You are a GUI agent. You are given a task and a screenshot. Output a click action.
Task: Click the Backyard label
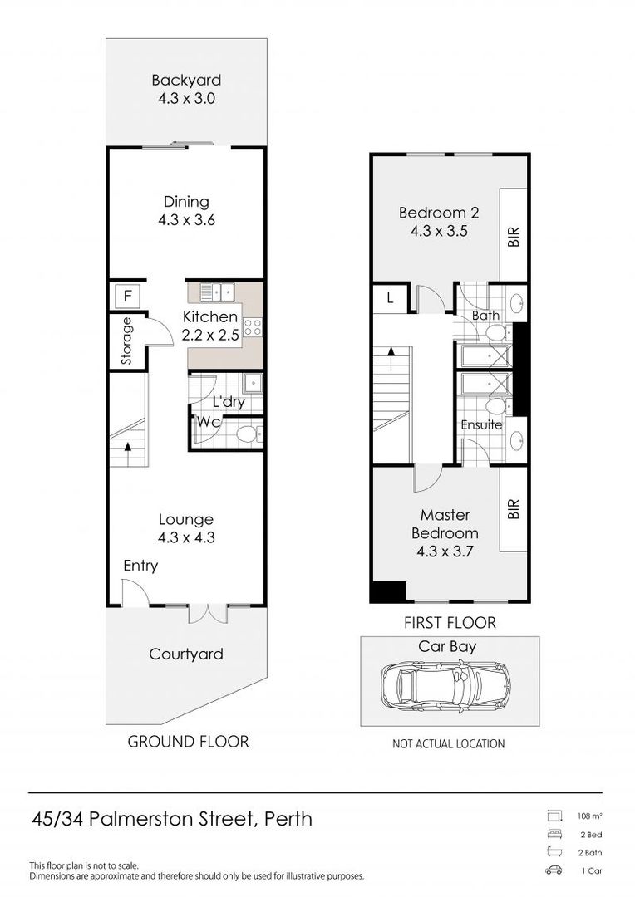tap(186, 80)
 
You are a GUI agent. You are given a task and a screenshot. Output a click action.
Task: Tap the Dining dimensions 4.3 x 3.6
tap(187, 219)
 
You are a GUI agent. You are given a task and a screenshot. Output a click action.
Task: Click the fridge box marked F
tap(128, 296)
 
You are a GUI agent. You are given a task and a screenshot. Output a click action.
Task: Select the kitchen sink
tap(218, 292)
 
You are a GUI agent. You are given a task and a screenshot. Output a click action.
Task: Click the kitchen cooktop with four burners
tap(253, 326)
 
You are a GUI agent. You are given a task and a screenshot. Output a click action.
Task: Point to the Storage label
tap(126, 341)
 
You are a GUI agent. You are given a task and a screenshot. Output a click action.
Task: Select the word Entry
tap(140, 566)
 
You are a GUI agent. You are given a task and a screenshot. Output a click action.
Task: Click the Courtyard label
tap(186, 654)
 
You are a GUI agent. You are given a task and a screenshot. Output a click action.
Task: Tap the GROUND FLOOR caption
tap(188, 742)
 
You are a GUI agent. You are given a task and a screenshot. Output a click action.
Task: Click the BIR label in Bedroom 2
tap(514, 237)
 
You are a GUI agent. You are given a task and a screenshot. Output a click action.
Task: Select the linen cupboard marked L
tap(391, 298)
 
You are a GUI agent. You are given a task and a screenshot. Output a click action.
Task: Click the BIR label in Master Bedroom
tap(514, 508)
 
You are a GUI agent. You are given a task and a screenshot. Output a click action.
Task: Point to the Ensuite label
tap(481, 424)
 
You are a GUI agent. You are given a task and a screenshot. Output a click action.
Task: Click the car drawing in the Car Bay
tap(444, 686)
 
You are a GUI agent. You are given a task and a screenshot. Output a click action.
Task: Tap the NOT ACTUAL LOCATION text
tap(448, 743)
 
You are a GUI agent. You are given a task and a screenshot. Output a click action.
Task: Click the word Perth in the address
tap(288, 819)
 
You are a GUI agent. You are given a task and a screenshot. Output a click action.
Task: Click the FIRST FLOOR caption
tap(450, 622)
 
